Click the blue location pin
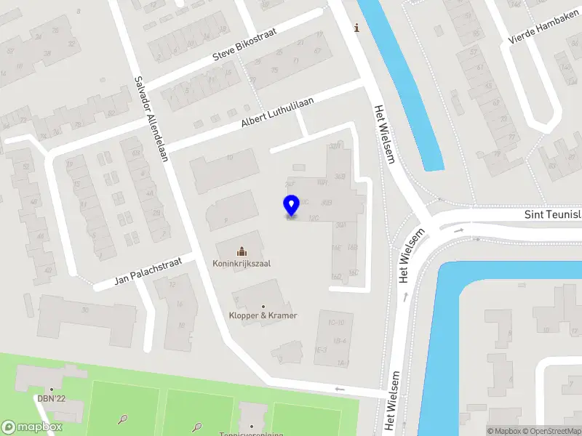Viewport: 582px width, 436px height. click(x=291, y=206)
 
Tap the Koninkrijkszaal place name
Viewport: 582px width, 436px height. click(x=242, y=263)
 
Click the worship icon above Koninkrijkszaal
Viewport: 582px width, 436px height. click(x=242, y=251)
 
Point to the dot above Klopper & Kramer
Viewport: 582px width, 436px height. click(x=263, y=307)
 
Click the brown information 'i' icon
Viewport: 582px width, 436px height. click(x=356, y=28)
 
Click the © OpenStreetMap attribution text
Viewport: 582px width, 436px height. click(x=557, y=432)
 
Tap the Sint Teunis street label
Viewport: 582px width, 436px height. click(x=553, y=215)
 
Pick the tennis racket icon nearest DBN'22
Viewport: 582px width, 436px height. click(x=123, y=419)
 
